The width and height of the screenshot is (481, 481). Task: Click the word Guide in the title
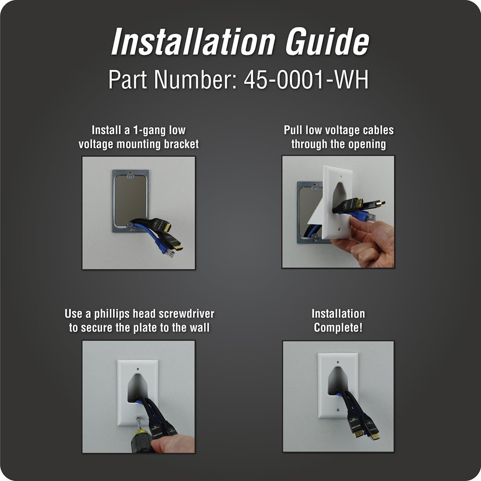pyautogui.click(x=327, y=41)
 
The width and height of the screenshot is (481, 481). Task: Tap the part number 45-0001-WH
pyautogui.click(x=306, y=80)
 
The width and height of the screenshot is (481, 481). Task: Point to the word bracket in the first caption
pyautogui.click(x=181, y=144)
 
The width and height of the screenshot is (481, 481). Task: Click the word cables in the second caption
pyautogui.click(x=378, y=130)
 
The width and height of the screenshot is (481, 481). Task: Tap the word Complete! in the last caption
pyautogui.click(x=338, y=328)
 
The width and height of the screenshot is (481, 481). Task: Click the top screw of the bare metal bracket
pyautogui.click(x=130, y=176)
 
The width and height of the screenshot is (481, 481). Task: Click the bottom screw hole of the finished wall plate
pyautogui.click(x=338, y=409)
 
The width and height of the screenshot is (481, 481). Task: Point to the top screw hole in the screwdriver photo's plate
pyautogui.click(x=138, y=369)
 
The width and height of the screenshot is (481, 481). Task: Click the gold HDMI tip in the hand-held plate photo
pyautogui.click(x=382, y=203)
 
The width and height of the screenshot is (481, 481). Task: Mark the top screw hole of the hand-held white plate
pyautogui.click(x=341, y=177)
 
